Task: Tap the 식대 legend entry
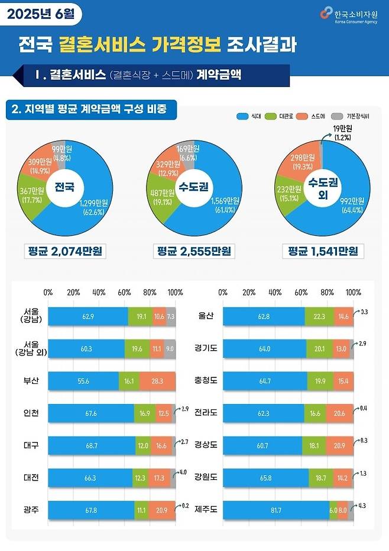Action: tap(252, 116)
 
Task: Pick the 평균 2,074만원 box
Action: tap(64, 251)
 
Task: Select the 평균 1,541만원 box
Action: tap(323, 251)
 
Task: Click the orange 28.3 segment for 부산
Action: tap(157, 380)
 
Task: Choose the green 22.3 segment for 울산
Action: tap(319, 316)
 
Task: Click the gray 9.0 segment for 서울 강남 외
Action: tap(170, 349)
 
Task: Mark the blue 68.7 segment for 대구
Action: tap(92, 445)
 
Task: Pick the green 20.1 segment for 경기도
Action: tap(319, 349)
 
